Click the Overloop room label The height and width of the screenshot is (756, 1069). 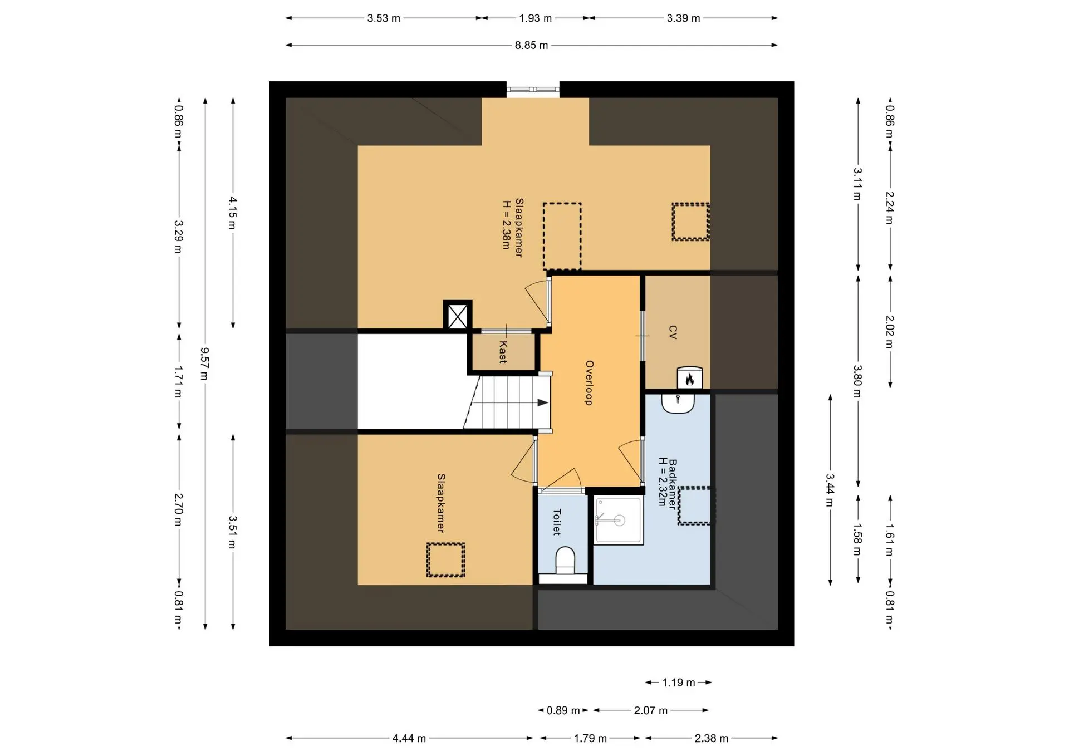pyautogui.click(x=589, y=383)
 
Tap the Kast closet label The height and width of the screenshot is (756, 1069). pyautogui.click(x=503, y=352)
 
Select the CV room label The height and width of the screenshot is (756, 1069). pyautogui.click(x=673, y=333)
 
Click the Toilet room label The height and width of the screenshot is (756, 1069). pyautogui.click(x=556, y=522)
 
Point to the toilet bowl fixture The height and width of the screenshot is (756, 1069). pyautogui.click(x=565, y=561)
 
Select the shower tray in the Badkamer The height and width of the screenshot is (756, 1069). pyautogui.click(x=619, y=521)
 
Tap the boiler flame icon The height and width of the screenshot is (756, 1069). pyautogui.click(x=689, y=380)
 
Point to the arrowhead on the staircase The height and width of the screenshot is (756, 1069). pyautogui.click(x=542, y=403)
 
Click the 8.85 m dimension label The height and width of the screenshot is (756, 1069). pyautogui.click(x=531, y=45)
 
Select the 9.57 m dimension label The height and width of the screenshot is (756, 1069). pyautogui.click(x=205, y=364)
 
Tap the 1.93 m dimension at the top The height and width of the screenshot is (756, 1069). pyautogui.click(x=535, y=18)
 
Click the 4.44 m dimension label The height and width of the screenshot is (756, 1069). pyautogui.click(x=409, y=738)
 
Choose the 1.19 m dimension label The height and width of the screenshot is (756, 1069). pyautogui.click(x=678, y=683)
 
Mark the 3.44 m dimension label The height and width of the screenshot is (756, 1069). pyautogui.click(x=830, y=490)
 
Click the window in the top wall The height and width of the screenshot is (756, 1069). pyautogui.click(x=533, y=89)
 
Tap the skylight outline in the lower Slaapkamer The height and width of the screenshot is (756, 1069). pyautogui.click(x=445, y=560)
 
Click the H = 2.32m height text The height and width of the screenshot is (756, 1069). pyautogui.click(x=663, y=482)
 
